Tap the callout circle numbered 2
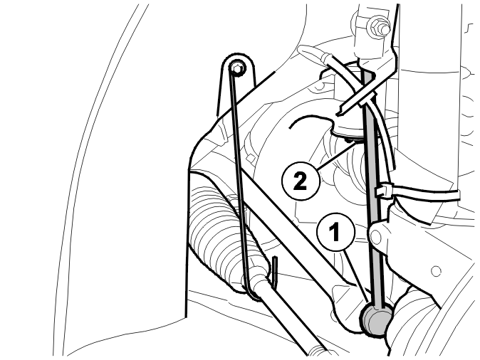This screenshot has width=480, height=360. coord(301,181)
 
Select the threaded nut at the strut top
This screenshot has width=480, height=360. coord(379,27)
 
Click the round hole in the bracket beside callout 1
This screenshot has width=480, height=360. coord(376,236)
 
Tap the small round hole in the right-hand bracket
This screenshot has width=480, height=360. coord(436,271)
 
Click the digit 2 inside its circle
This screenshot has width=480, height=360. coord(300,181)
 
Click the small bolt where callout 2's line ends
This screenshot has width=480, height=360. coord(349,140)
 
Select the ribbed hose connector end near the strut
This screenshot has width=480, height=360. coord(325,58)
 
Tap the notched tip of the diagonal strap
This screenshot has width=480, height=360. coord(340,112)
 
